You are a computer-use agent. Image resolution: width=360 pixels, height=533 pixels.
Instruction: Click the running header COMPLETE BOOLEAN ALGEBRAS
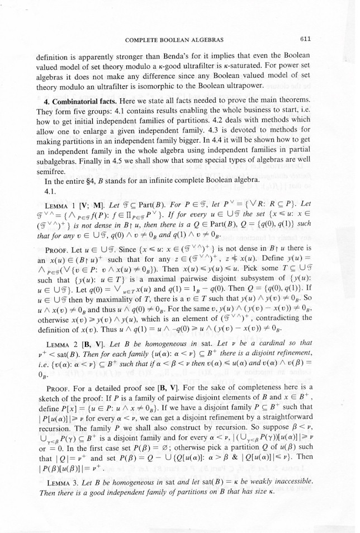click(174, 40)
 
